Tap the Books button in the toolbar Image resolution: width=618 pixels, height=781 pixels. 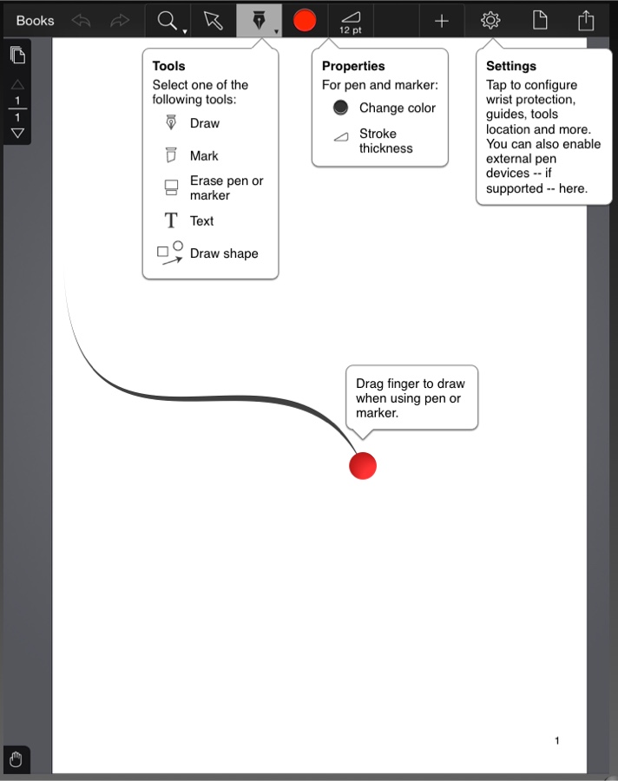[x=35, y=21]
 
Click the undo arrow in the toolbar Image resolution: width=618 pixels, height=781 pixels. [x=82, y=21]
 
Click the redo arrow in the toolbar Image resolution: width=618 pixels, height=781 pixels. [x=120, y=21]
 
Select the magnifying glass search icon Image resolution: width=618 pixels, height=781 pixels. [x=168, y=20]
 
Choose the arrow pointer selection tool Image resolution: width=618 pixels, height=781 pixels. [x=213, y=20]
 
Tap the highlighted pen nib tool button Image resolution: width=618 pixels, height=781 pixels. [x=259, y=20]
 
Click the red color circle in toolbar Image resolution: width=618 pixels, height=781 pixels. [x=305, y=20]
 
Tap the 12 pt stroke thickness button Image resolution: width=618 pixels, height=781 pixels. [x=351, y=21]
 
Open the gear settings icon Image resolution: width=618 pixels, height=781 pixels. [x=490, y=20]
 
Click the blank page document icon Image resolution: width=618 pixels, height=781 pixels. [x=540, y=20]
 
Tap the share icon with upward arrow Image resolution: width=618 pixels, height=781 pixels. [x=587, y=20]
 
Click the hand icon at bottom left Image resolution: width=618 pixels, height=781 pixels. [x=16, y=760]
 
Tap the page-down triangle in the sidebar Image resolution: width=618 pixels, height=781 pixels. [x=17, y=134]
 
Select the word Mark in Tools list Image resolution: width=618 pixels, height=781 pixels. [x=204, y=156]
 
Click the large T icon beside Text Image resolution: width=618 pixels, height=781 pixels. [x=171, y=221]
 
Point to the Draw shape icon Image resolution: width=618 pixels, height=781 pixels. [x=170, y=253]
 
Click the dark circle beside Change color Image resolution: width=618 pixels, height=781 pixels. [x=341, y=108]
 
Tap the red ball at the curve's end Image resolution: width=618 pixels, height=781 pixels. [x=363, y=465]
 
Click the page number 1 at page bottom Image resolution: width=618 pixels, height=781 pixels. [x=556, y=740]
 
